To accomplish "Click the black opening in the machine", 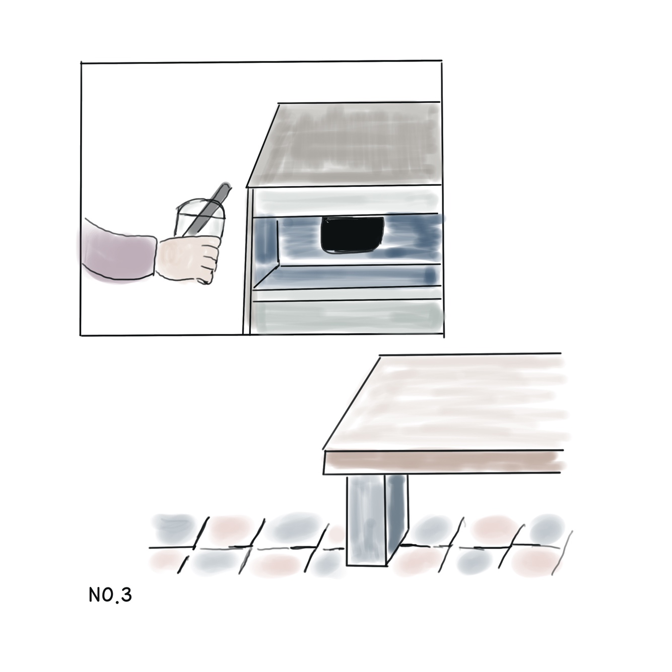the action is pyautogui.click(x=353, y=235).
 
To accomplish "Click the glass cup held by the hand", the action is pyautogui.click(x=199, y=223).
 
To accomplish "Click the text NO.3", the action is pyautogui.click(x=110, y=595).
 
